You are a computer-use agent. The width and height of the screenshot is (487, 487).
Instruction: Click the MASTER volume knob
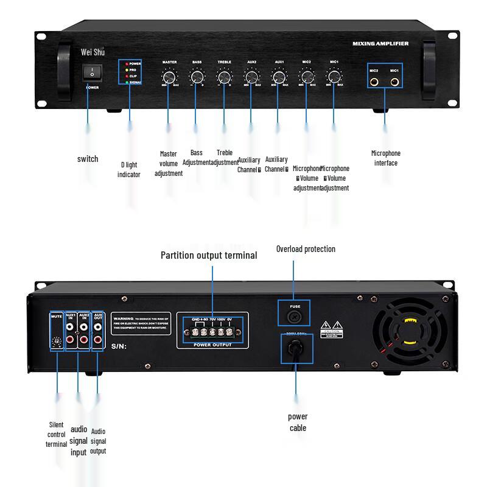click(x=169, y=77)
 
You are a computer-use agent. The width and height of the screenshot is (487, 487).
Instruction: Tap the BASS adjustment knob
click(x=197, y=77)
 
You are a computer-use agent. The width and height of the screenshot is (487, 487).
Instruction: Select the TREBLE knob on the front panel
click(x=224, y=77)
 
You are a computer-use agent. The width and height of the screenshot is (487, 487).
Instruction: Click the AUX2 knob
click(x=251, y=77)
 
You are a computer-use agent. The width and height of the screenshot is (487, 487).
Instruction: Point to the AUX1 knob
click(x=279, y=77)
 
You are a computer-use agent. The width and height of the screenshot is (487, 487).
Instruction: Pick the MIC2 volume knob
click(x=306, y=77)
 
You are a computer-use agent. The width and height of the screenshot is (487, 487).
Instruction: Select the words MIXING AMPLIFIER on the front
click(x=380, y=44)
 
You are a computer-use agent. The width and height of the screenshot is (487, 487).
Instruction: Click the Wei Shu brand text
click(x=93, y=52)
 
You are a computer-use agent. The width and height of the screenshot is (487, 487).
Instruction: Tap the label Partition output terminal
click(x=209, y=255)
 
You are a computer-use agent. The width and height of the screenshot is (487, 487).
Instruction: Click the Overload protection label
click(x=306, y=249)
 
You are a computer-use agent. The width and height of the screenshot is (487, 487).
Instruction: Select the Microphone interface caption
click(x=386, y=158)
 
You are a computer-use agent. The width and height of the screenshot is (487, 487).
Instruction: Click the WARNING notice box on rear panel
click(x=141, y=323)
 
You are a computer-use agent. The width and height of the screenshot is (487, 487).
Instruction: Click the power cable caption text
click(x=298, y=422)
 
